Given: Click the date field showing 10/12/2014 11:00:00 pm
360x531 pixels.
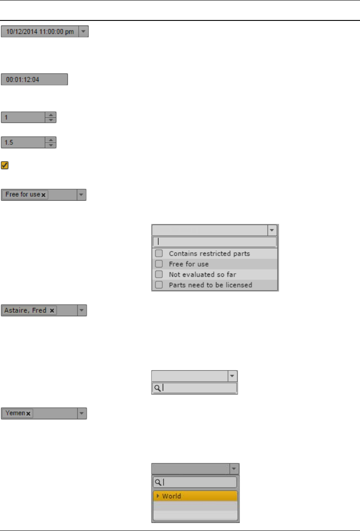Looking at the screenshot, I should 40,32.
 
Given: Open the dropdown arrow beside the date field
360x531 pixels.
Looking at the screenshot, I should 84,32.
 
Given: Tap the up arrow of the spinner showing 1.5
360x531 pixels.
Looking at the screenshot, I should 51,140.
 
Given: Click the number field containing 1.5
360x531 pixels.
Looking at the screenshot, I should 24,143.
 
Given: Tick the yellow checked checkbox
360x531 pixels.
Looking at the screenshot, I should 5,165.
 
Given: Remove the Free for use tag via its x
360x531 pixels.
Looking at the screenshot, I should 44,195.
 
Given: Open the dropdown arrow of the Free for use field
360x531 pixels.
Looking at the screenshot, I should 80,195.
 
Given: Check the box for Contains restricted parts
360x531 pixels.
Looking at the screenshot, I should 159,254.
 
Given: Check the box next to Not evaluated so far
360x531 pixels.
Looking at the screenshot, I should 159,274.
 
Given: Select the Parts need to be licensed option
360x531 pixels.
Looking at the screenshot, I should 210,285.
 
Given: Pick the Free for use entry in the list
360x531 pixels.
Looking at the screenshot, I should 188,264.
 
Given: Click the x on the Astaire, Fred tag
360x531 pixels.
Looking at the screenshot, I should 52,311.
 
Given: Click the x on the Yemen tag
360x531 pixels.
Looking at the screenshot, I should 28,414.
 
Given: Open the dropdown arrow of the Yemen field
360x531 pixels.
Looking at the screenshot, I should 81,413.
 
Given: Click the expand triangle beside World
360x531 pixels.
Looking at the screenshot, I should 158,496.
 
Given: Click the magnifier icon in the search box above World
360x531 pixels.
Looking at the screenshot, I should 157,482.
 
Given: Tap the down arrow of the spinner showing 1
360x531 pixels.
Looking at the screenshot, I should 51,120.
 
